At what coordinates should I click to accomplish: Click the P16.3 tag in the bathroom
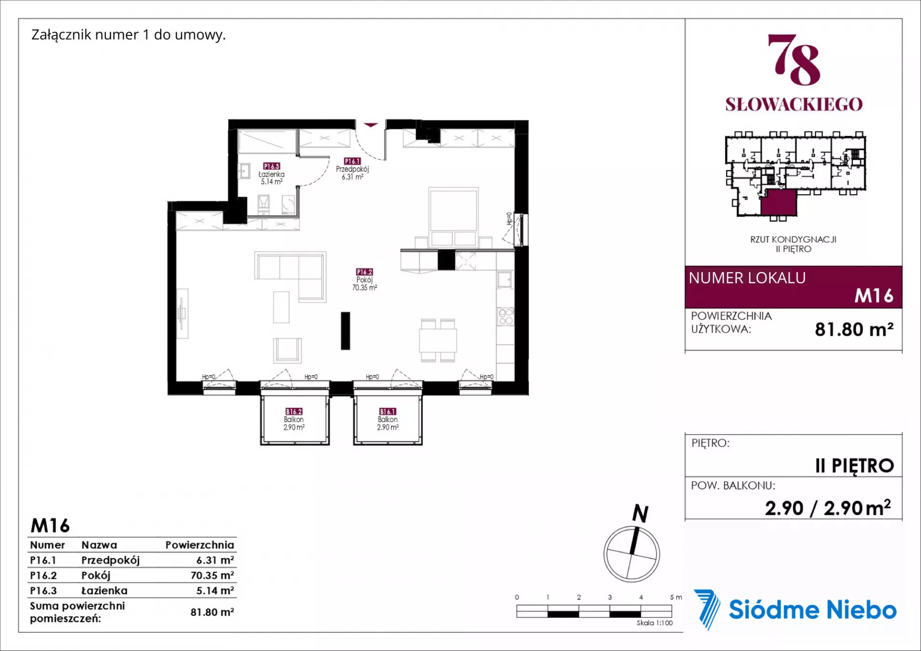coord(272,166)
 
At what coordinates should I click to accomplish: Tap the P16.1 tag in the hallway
coord(352,161)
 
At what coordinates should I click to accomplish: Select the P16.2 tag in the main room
coord(365,272)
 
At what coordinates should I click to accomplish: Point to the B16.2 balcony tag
coord(294,412)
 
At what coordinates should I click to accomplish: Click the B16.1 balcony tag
coord(388,412)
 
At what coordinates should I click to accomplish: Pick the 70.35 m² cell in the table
coord(212,575)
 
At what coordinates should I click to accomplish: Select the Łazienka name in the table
coord(104,591)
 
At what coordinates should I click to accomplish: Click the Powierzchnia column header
coord(200,545)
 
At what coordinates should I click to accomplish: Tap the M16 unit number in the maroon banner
coord(874,296)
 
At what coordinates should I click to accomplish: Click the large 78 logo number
coord(794,59)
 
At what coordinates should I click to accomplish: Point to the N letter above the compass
coord(640,513)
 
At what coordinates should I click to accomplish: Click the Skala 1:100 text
coord(654,623)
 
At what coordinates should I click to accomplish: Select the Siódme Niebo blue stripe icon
coord(707,609)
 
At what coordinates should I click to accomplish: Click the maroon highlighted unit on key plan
coord(779,202)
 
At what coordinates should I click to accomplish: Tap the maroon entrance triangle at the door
coord(370,125)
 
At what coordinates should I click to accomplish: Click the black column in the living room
coord(345,331)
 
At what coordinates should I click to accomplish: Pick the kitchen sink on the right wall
coord(505,279)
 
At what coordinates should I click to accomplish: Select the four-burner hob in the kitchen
coord(506,317)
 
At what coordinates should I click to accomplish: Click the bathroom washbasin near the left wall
coord(245,171)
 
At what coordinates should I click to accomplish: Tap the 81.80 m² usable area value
coord(854,329)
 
